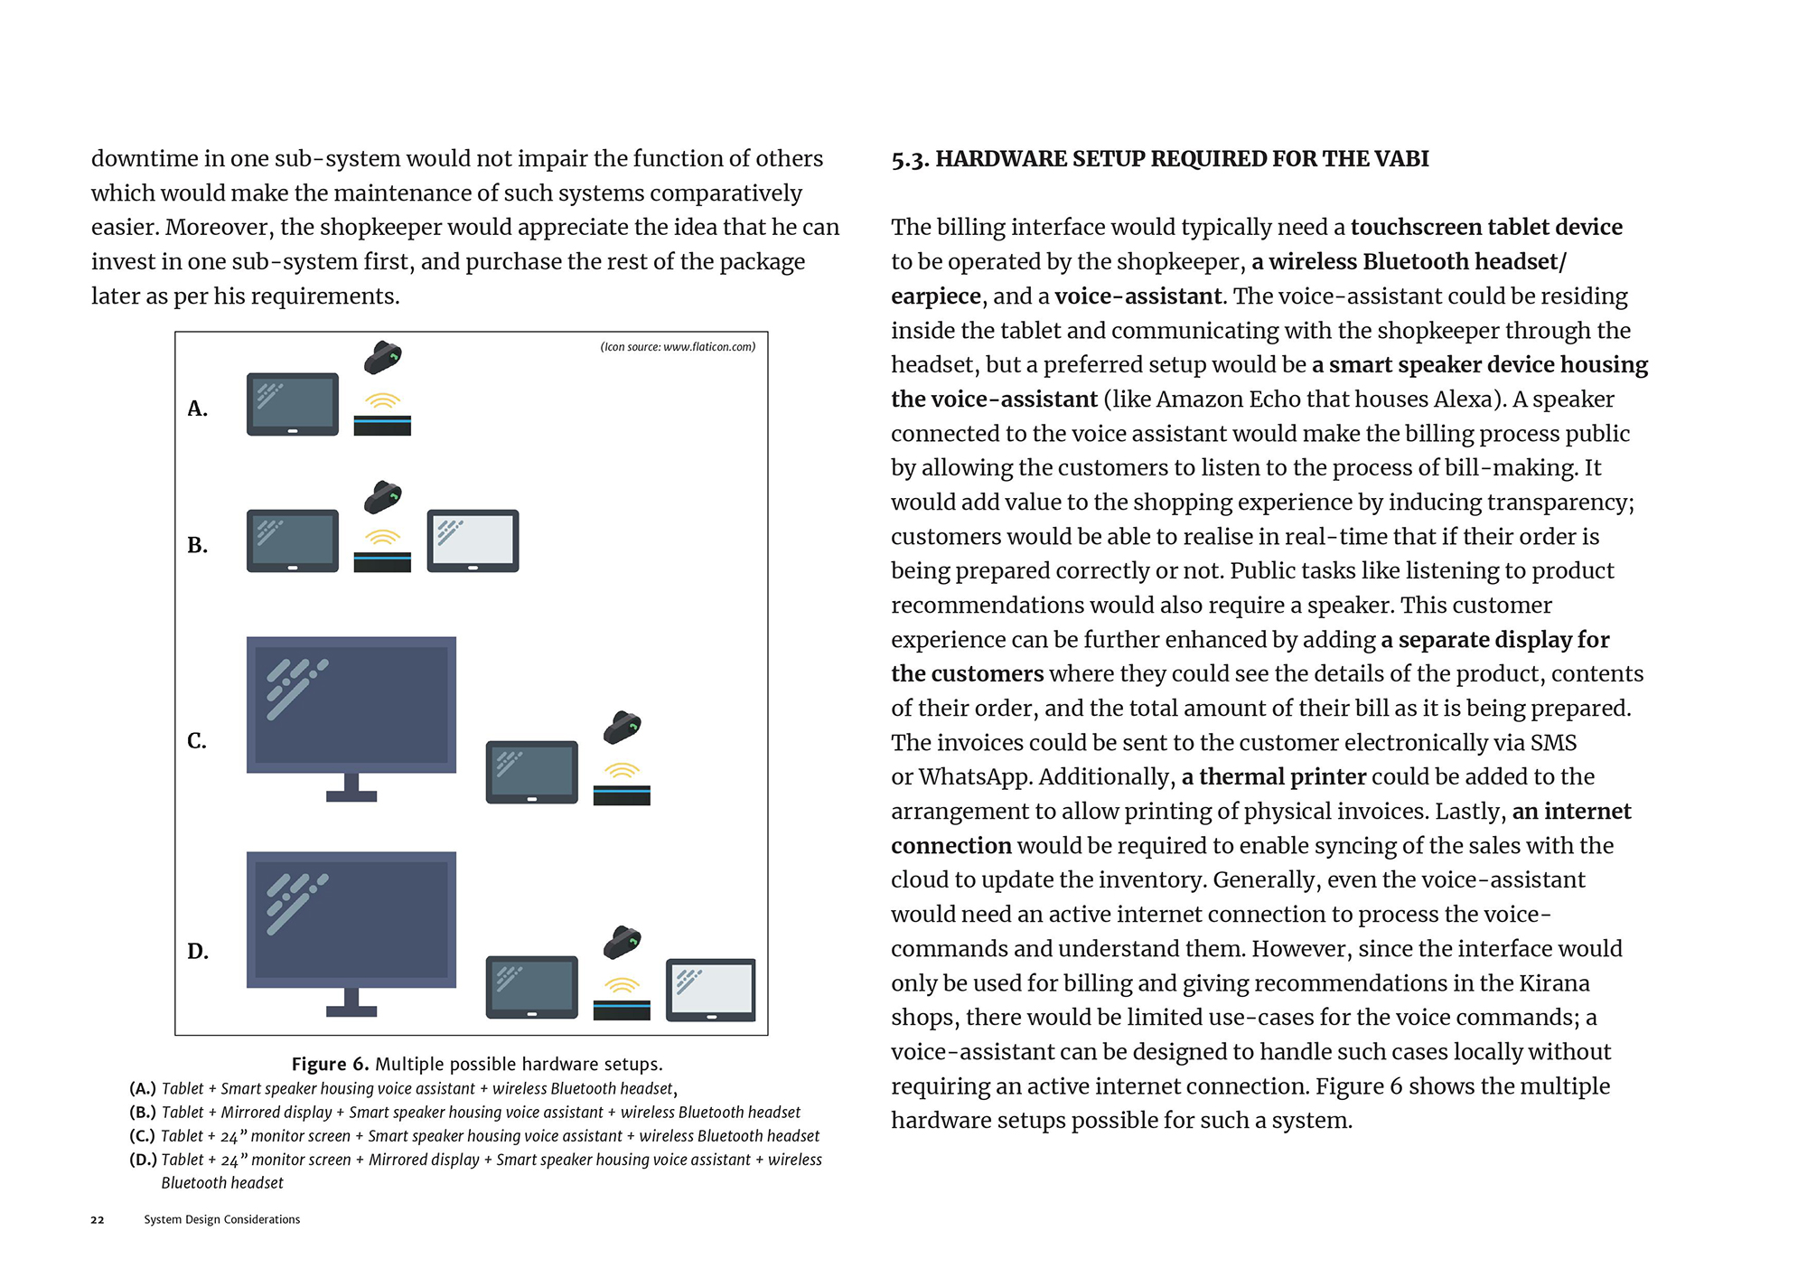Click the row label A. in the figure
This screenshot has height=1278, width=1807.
[x=197, y=409]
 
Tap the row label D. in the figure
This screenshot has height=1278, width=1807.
[x=198, y=952]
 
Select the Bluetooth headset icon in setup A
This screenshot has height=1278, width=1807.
[x=382, y=358]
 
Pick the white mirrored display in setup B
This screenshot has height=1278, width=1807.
[x=473, y=540]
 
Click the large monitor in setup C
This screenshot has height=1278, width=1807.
[x=351, y=705]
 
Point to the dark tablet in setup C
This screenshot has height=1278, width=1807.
[x=531, y=772]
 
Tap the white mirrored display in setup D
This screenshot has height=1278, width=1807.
[x=710, y=990]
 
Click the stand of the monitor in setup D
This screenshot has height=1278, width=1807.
[x=351, y=1003]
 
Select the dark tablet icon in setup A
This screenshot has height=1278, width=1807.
[x=293, y=404]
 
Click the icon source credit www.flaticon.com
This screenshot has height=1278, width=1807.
[x=678, y=347]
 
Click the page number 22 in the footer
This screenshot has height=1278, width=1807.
[x=98, y=1220]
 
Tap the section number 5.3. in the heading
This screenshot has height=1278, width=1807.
[x=910, y=160]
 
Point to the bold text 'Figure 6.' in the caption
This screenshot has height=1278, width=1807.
[x=330, y=1065]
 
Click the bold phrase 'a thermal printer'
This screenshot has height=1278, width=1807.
[x=1273, y=777]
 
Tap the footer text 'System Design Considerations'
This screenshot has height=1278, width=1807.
[x=222, y=1220]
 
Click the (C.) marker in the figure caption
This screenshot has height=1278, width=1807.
[x=143, y=1136]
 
